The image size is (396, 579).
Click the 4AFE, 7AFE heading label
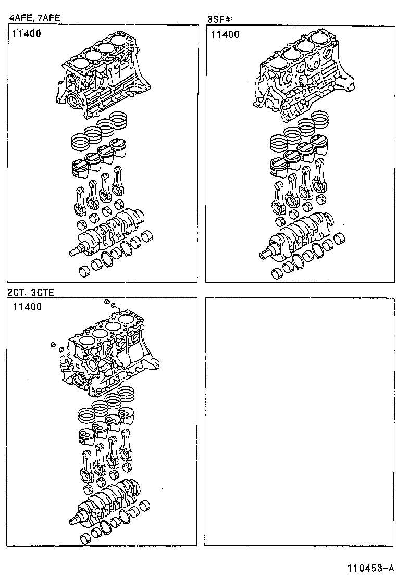point(34,18)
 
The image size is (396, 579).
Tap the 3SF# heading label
point(219,20)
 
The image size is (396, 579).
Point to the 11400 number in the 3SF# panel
point(225,35)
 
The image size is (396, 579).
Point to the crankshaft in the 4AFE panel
point(109,232)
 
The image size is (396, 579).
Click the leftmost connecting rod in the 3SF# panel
point(279,195)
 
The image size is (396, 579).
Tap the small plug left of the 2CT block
point(53,344)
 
